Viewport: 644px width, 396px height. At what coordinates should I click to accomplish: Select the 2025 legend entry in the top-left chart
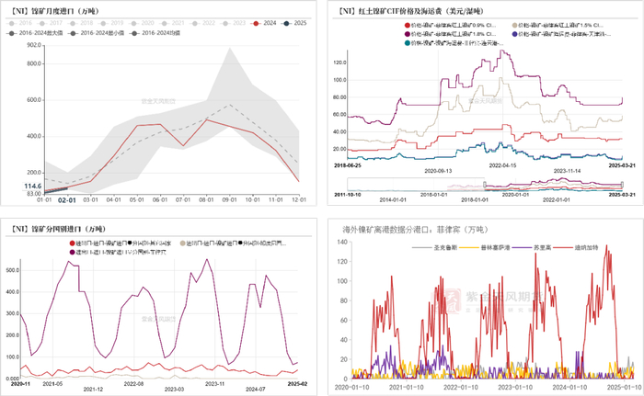288,20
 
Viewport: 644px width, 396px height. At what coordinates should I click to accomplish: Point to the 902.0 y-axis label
33,44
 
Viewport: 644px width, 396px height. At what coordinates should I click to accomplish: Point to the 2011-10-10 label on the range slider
346,196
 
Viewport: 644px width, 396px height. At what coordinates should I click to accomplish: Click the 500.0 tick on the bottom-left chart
12,270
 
